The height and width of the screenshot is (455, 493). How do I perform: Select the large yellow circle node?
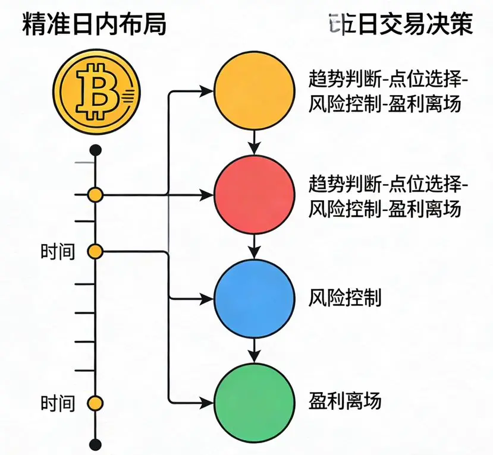pos(254,91)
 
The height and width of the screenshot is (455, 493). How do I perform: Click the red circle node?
pos(254,195)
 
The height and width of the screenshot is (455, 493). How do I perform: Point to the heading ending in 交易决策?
pos(400,25)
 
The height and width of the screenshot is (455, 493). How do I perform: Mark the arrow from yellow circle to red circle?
pos(255,143)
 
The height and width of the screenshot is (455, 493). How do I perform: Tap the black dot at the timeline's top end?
pos(95,150)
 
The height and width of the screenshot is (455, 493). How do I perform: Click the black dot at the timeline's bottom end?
pos(95,443)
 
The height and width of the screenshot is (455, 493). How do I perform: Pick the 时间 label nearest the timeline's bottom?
pos(58,405)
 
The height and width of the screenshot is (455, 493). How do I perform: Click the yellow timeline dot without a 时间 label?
pos(95,194)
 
